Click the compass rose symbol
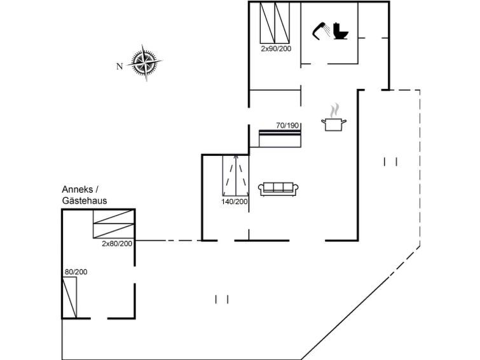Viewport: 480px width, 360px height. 144,62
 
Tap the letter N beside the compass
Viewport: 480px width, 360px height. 120,66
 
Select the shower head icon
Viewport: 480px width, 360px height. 321,31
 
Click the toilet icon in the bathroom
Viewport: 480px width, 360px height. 341,31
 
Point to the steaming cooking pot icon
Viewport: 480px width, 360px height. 334,117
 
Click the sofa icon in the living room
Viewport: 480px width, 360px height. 278,189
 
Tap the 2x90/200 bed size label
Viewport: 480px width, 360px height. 276,48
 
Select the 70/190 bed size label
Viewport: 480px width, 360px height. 287,125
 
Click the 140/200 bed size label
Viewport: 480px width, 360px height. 235,202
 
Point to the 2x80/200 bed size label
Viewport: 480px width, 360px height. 117,244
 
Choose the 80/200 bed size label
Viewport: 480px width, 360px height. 76,272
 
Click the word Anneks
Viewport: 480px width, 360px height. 77,190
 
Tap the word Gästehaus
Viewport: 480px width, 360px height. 85,201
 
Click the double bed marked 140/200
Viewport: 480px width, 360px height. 235,176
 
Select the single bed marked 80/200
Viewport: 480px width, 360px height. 69,298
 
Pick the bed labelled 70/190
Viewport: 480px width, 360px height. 280,139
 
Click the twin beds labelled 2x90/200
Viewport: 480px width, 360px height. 275,23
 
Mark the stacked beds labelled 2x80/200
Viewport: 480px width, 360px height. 114,224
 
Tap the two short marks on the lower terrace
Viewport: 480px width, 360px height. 222,300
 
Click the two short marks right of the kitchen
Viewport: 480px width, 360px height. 390,162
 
